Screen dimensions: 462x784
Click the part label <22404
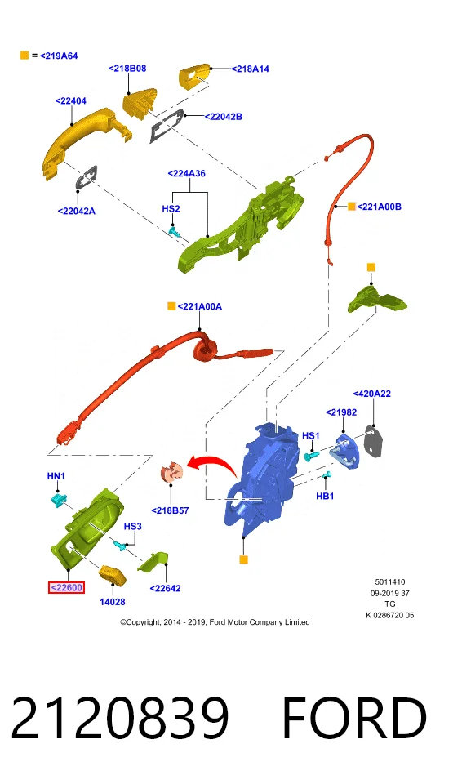click(70, 101)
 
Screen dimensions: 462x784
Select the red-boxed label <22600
click(66, 587)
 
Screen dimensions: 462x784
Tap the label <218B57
click(170, 510)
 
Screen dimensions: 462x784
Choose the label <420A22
click(372, 394)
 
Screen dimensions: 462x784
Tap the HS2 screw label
click(171, 208)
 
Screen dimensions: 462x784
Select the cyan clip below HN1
click(59, 500)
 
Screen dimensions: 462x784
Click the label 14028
click(113, 602)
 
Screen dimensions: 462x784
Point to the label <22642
click(166, 589)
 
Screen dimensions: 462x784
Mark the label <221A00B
click(379, 207)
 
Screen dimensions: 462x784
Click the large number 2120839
click(120, 718)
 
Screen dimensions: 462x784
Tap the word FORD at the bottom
click(354, 718)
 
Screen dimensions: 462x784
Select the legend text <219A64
click(59, 56)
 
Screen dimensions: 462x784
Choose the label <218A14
click(250, 69)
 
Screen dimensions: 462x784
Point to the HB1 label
click(325, 496)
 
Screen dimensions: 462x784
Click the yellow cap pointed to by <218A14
click(194, 77)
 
